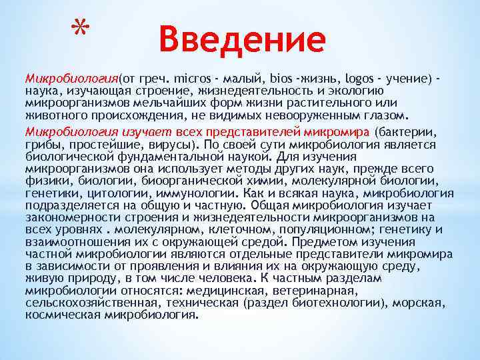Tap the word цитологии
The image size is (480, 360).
pyautogui.click(x=108, y=191)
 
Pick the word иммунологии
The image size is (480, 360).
pyautogui.click(x=183, y=191)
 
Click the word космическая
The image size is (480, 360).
pyautogui.click(x=60, y=314)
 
